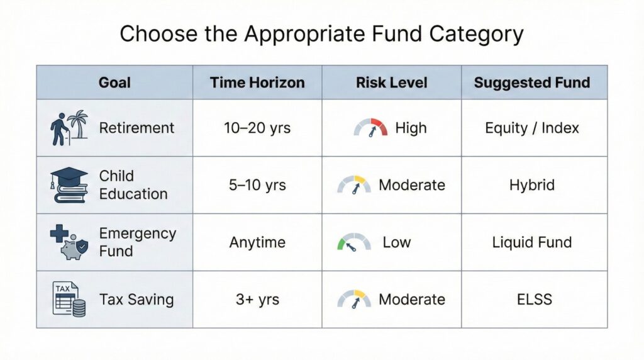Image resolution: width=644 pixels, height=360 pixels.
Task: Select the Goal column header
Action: click(114, 82)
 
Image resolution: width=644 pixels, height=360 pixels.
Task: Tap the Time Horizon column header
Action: click(257, 82)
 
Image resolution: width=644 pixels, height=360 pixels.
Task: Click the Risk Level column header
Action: click(391, 82)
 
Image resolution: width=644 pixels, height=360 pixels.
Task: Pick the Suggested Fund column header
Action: click(532, 82)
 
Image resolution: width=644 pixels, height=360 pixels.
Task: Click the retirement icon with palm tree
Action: click(68, 128)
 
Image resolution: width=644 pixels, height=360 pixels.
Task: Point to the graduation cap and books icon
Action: click(69, 185)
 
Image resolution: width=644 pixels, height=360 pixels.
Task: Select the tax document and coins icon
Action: click(69, 299)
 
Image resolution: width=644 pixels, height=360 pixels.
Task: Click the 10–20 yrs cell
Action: click(257, 128)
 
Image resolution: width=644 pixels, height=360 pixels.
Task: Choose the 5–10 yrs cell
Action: click(257, 185)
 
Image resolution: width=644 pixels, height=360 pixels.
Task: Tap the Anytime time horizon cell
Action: click(257, 242)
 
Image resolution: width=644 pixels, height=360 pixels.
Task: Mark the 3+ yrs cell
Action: click(257, 300)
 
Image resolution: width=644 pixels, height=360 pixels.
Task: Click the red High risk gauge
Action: click(370, 128)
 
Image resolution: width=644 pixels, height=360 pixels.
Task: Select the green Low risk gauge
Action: click(354, 242)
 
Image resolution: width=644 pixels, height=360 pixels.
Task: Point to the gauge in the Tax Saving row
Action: click(354, 299)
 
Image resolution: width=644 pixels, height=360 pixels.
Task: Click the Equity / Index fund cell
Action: click(532, 128)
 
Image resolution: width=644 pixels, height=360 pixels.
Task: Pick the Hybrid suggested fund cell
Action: click(532, 185)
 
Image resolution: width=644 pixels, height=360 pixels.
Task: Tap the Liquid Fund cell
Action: click(532, 242)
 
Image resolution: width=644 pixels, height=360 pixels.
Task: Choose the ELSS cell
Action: click(532, 300)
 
